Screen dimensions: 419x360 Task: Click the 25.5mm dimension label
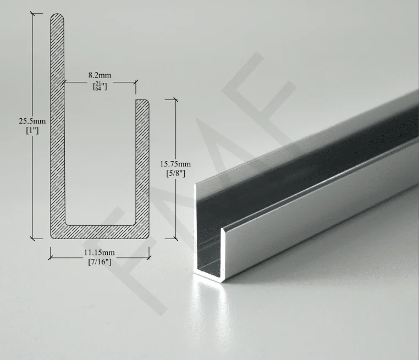click(x=32, y=121)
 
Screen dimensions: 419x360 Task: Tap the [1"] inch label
click(x=32, y=131)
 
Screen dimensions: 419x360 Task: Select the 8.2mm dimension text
click(x=100, y=75)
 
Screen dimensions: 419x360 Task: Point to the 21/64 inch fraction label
click(x=100, y=86)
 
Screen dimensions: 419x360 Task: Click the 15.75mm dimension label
click(x=175, y=164)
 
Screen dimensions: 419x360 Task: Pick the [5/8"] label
click(x=175, y=174)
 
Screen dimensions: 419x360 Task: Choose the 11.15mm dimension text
click(x=100, y=252)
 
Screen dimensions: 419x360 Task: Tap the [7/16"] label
click(x=100, y=262)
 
